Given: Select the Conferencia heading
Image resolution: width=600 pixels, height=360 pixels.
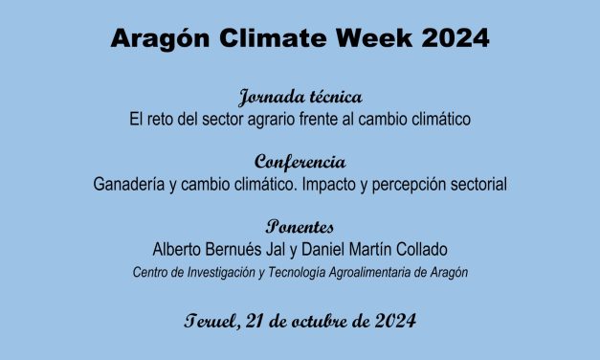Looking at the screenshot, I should [300, 162].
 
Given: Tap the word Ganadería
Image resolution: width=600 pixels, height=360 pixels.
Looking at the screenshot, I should [132, 184].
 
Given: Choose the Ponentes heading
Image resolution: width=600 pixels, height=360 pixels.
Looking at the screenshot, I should [300, 228].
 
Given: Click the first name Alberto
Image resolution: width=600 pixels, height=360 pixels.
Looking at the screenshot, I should [179, 250].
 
